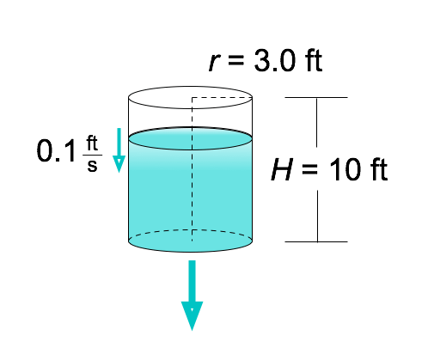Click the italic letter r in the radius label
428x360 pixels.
coord(214,63)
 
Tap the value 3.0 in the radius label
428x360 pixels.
coord(274,61)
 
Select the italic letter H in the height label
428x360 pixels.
coord(282,169)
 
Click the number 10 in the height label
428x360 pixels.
coord(344,169)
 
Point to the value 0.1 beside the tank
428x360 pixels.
coord(56,150)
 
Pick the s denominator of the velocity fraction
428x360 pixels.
coord(92,166)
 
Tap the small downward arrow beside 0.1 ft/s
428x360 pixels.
coord(119,150)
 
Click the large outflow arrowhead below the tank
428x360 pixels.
coord(192,315)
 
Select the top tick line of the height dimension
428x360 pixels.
coord(316,97)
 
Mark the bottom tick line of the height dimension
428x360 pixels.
coord(316,241)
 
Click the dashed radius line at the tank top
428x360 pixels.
coord(222,98)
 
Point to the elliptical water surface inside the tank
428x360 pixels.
coord(190,138)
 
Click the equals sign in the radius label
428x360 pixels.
coord(236,60)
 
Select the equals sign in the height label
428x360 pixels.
coord(309,169)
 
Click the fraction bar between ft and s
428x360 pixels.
coord(92,155)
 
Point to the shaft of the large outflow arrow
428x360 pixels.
coord(192,281)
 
